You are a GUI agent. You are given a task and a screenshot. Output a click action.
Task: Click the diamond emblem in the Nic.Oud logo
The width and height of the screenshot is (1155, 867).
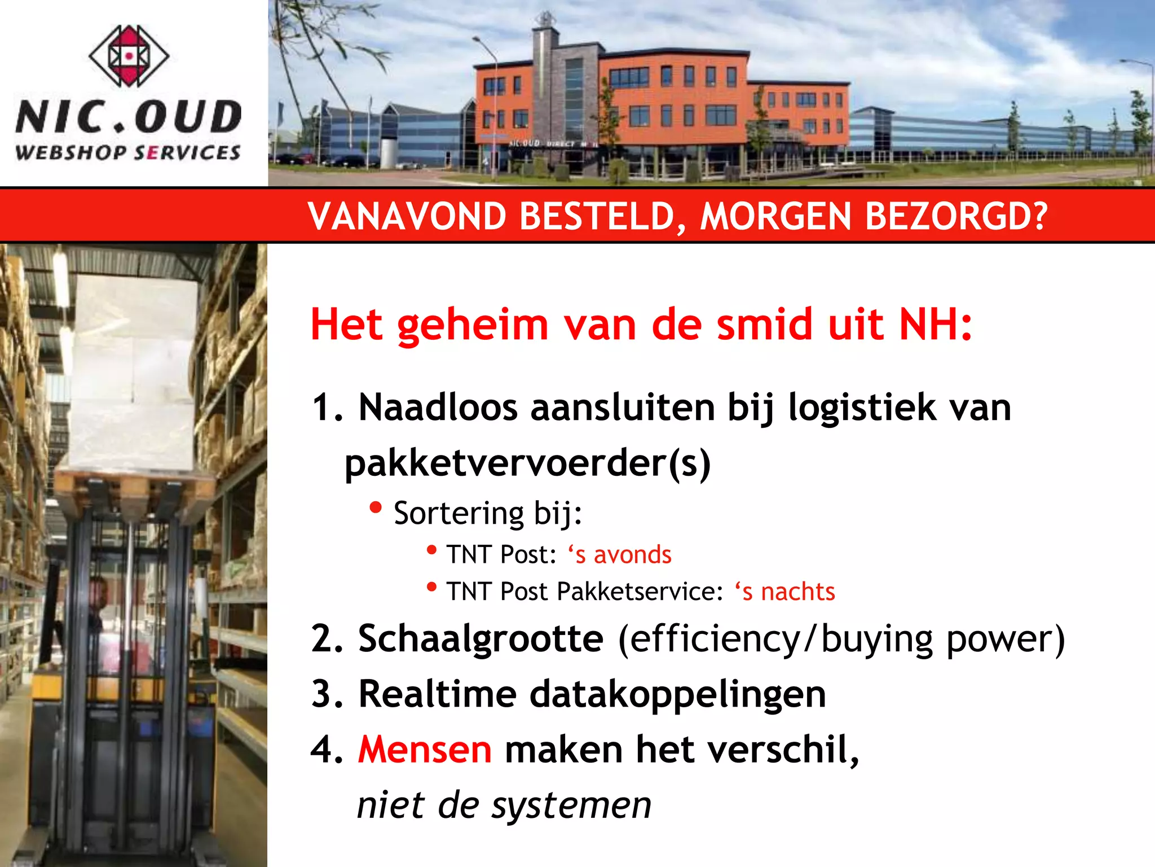pyautogui.click(x=129, y=55)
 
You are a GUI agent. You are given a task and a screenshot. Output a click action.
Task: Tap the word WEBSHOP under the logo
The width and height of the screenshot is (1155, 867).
pyautogui.click(x=71, y=152)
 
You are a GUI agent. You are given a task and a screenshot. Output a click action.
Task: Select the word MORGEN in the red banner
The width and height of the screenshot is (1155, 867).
pyautogui.click(x=775, y=216)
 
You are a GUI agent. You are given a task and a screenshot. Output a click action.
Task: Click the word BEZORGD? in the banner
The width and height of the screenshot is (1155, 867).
pyautogui.click(x=956, y=216)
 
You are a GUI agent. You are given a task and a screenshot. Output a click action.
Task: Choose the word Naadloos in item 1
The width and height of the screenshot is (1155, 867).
pyautogui.click(x=438, y=408)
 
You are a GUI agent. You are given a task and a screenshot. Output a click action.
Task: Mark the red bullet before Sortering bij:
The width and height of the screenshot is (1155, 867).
pyautogui.click(x=376, y=507)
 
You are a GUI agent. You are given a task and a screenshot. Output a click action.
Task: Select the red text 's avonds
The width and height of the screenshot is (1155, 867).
pyautogui.click(x=620, y=554)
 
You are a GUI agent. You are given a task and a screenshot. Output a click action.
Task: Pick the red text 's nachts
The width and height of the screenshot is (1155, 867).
pyautogui.click(x=784, y=592)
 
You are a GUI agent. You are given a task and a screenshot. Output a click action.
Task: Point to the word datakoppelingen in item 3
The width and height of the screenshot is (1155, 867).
pyautogui.click(x=677, y=694)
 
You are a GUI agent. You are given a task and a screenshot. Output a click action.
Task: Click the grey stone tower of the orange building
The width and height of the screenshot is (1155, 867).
pyautogui.click(x=545, y=96)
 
